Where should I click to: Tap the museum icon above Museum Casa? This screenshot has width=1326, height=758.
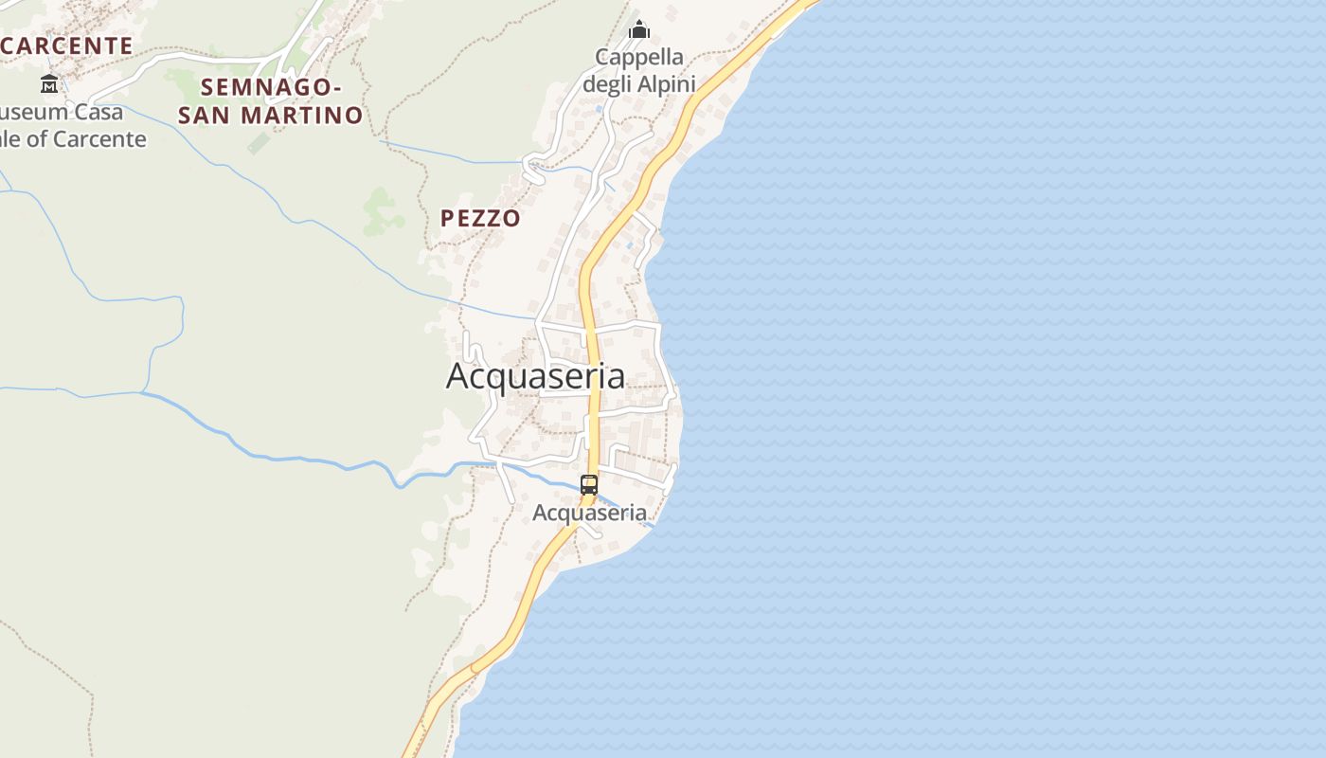(x=49, y=83)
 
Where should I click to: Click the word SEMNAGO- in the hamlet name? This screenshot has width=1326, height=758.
(x=271, y=87)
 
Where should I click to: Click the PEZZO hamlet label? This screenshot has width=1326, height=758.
(x=480, y=219)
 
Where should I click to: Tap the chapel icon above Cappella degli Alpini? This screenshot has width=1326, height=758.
(x=639, y=30)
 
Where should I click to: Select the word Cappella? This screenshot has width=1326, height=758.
(x=638, y=57)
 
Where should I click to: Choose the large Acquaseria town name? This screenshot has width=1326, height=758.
(x=535, y=376)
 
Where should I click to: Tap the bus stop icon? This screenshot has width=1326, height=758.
(x=589, y=485)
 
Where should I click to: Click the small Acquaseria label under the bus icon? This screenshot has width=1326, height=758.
(x=589, y=514)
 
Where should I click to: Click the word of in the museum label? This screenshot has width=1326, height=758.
(x=38, y=139)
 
